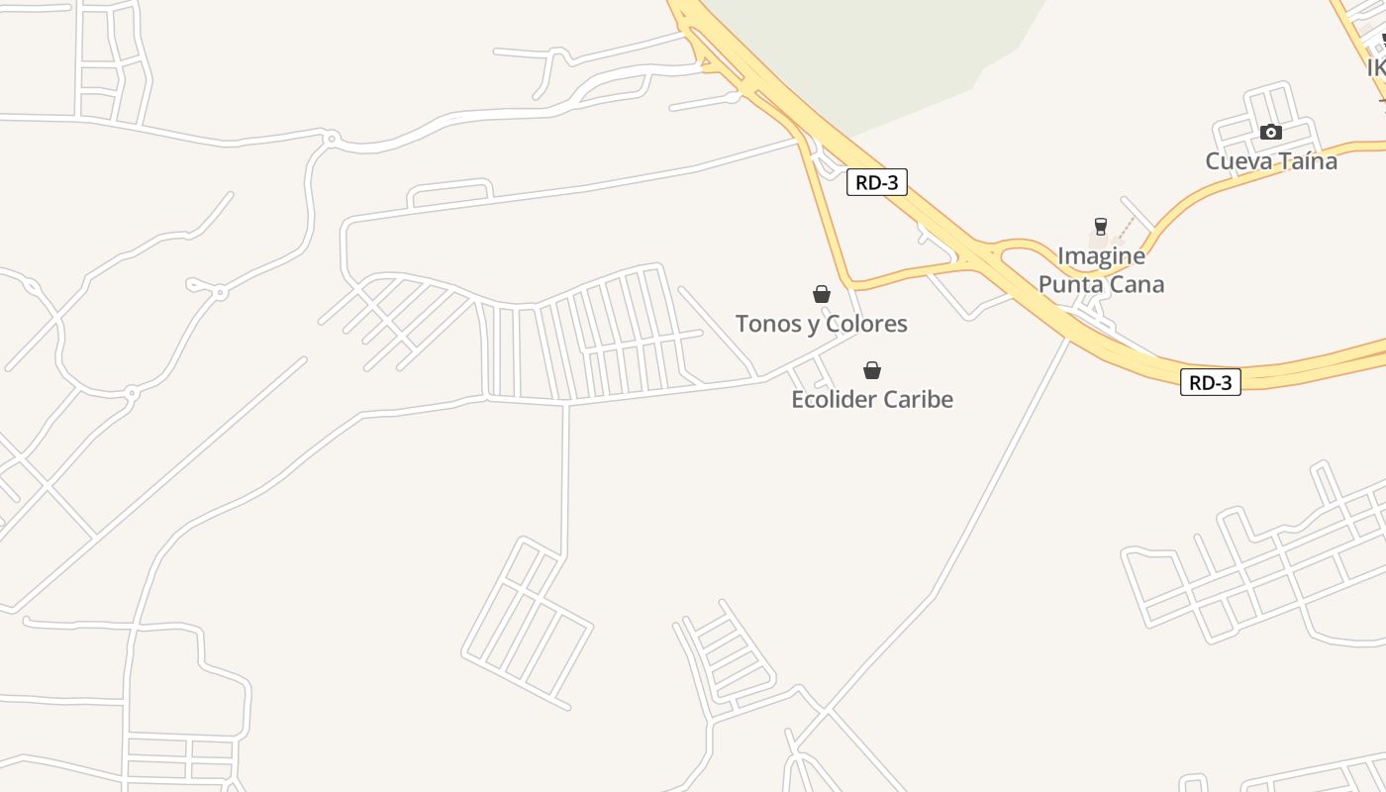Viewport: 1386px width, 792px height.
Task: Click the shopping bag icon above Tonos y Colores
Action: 821,294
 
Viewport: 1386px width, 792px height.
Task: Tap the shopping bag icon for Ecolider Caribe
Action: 872,370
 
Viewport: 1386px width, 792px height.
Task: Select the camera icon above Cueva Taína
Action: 1271,132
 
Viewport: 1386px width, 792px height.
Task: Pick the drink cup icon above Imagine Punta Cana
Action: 1100,227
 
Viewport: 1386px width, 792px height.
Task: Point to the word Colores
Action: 866,324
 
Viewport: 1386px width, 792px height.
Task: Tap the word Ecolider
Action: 834,400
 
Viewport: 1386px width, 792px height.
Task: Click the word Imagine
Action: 1101,256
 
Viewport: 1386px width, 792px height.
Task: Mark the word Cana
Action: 1138,285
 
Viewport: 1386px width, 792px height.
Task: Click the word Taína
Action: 1305,161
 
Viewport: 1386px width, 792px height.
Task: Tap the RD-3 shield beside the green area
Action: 877,182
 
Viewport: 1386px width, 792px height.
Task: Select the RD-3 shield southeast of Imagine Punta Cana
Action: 1211,382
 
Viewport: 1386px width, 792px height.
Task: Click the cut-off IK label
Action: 1376,68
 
